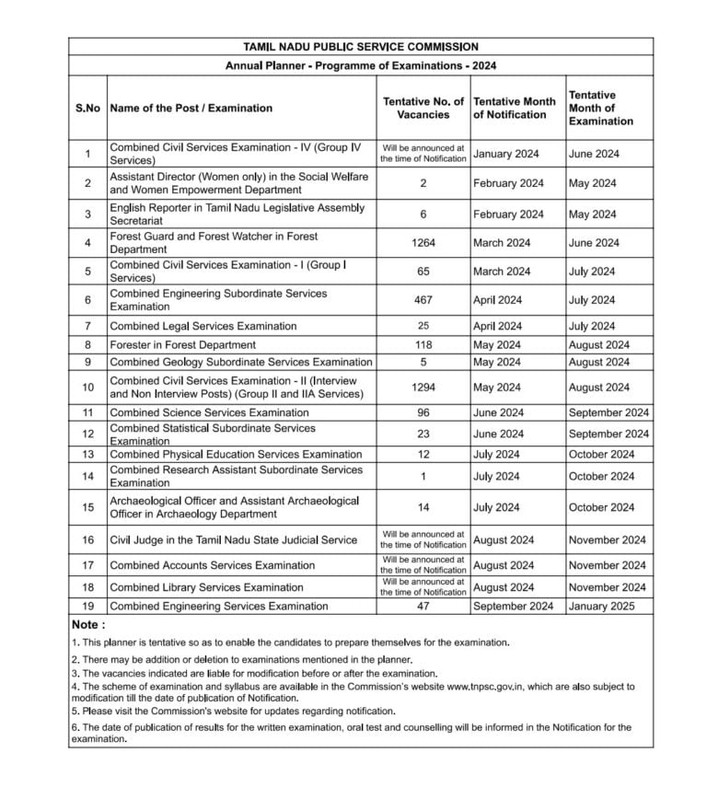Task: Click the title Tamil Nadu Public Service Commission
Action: tap(360, 46)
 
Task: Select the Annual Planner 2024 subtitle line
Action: tap(361, 65)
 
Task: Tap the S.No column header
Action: tap(87, 108)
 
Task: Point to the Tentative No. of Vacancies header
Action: tap(423, 108)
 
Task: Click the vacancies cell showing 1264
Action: tap(423, 243)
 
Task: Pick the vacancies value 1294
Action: tap(423, 388)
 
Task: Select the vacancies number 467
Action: tap(423, 300)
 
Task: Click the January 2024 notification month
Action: tap(506, 154)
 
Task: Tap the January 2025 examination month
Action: tap(601, 606)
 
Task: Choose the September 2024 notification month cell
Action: tap(514, 606)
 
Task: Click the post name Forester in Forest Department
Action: tap(182, 345)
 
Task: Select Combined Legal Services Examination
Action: tap(203, 326)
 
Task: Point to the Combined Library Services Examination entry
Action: tap(206, 587)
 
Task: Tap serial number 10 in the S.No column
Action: tap(87, 388)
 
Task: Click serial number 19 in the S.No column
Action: tap(87, 606)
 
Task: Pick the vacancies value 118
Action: tap(423, 345)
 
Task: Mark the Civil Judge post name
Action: tap(233, 539)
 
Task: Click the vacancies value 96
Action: tap(423, 412)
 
